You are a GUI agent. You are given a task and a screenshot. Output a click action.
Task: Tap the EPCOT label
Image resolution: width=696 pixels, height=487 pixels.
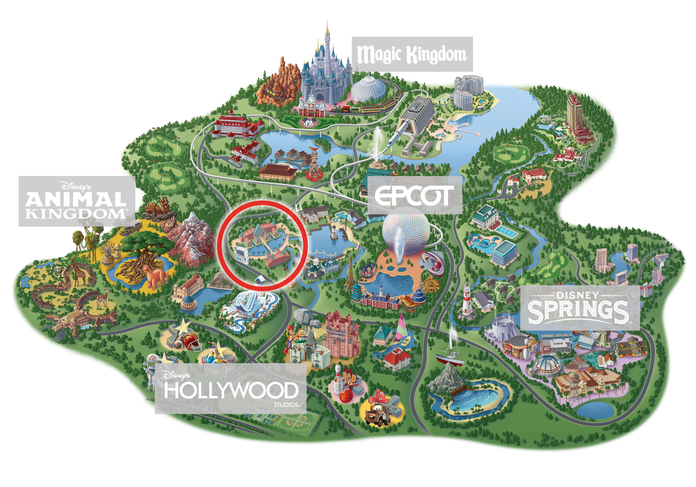pyautogui.click(x=414, y=195)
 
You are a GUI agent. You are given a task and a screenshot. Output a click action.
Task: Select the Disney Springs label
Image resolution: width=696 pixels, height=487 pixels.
pyautogui.click(x=580, y=308)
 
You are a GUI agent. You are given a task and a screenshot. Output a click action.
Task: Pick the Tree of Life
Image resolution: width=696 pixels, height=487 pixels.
pyautogui.click(x=142, y=255)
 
